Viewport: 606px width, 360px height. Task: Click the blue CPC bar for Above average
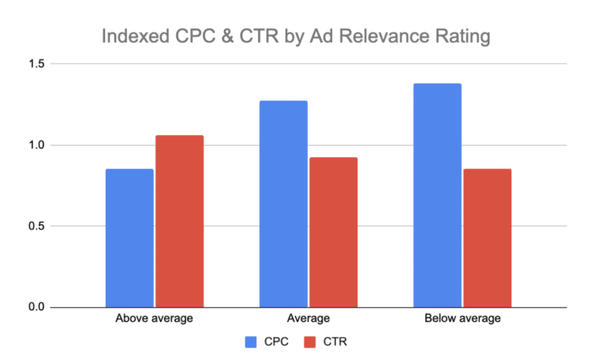click(x=130, y=238)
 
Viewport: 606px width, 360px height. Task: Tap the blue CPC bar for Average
click(x=284, y=204)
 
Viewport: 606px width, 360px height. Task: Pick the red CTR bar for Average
click(x=333, y=232)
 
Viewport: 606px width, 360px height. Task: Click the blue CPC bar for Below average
click(x=437, y=195)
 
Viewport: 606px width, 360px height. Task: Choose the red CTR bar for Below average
click(x=487, y=238)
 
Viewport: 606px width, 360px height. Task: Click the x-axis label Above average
click(x=155, y=319)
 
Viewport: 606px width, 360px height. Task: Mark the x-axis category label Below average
click(x=462, y=319)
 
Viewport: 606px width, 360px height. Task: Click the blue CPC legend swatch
click(x=252, y=342)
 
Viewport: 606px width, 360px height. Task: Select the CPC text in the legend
click(x=275, y=342)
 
